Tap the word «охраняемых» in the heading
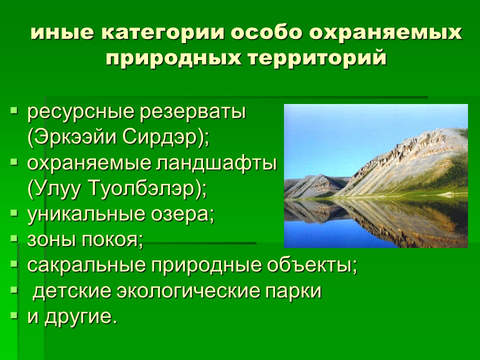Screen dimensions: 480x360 [385, 33]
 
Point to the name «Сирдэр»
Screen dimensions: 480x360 [163, 138]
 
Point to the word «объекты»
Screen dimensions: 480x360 [312, 265]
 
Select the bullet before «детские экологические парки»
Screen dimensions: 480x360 [14, 289]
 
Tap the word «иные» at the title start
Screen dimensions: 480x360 [62, 33]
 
